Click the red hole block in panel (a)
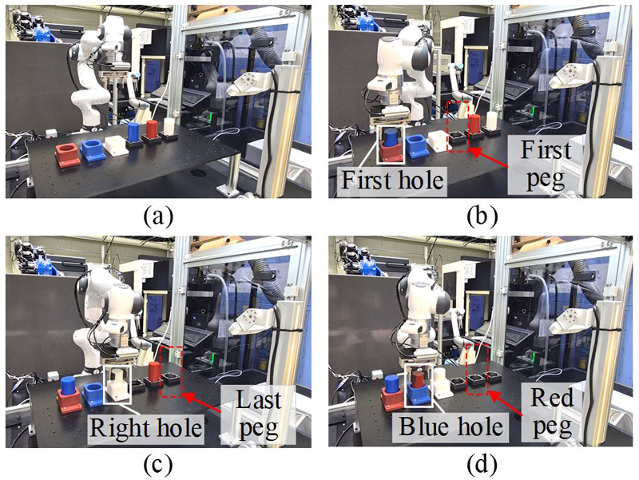pos(69,155)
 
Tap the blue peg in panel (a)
pos(133,132)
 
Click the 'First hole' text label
pos(392,180)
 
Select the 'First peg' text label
pos(546,165)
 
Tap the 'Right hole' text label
pos(146,427)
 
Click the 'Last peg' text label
pos(258,414)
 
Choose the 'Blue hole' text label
pos(450,426)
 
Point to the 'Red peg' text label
pos(552,411)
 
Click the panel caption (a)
pos(158,216)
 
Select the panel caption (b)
pos(482,216)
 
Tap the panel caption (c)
pos(158,466)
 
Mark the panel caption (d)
pos(482,466)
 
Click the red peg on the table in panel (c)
pos(154,371)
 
